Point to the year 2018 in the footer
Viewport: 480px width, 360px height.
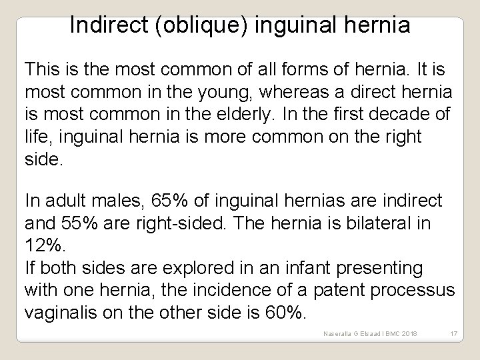click(x=407, y=333)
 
